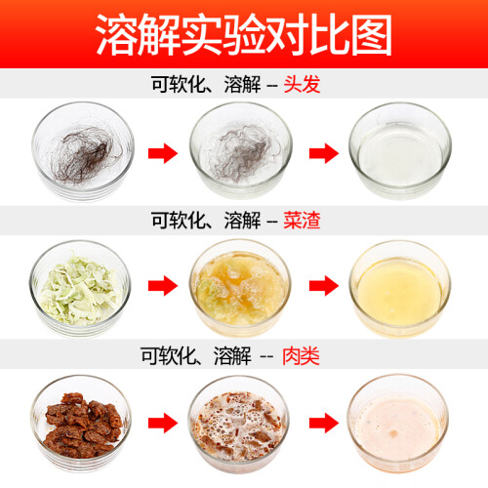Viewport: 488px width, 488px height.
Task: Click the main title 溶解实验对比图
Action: pos(244,35)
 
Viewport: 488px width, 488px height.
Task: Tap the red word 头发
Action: pos(302,84)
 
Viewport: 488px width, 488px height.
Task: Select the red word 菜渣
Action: pos(302,221)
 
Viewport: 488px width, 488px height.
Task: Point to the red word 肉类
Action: pos(301,356)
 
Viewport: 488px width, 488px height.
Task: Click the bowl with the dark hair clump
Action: pos(83,151)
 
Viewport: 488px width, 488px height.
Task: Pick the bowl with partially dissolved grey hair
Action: pos(241,150)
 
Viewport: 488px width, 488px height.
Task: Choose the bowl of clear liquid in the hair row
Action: pos(400,151)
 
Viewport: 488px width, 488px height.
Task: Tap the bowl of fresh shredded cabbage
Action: pos(80,289)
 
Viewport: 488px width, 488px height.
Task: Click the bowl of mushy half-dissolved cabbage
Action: pos(240,288)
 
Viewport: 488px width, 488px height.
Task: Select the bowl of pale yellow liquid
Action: pos(400,289)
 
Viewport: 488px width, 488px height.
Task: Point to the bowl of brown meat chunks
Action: pos(81,423)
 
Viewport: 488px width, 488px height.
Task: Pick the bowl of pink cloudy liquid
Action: pos(398,423)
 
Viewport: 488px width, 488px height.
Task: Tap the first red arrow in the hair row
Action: pos(163,153)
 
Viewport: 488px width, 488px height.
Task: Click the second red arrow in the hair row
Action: pos(324,153)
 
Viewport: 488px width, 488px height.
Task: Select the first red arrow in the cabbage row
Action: pos(163,286)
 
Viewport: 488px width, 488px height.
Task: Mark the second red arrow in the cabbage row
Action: pos(324,286)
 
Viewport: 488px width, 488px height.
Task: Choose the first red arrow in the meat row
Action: pos(163,423)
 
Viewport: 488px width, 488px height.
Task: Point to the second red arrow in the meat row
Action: pos(324,423)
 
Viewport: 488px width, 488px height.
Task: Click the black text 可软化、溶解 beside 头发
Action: pos(206,84)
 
